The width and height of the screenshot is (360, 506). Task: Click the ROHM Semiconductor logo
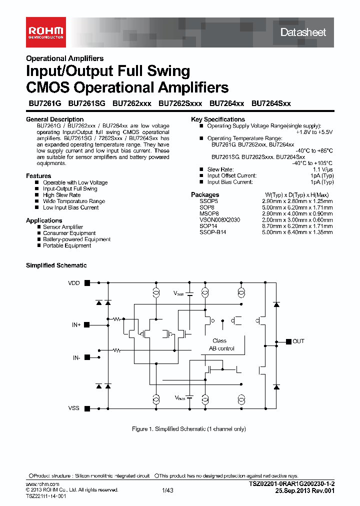pos(45,32)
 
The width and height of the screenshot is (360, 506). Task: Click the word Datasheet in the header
pos(302,32)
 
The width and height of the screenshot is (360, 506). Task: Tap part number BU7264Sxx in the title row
pos(271,103)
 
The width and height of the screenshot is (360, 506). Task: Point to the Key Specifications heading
pos(218,119)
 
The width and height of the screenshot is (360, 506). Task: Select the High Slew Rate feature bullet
pos(61,195)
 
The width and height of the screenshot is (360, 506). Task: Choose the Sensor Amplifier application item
pos(63,227)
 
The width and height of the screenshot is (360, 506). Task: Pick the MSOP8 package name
pos(209,213)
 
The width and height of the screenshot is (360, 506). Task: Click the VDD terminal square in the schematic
pos(87,282)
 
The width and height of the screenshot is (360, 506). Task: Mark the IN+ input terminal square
pos(87,324)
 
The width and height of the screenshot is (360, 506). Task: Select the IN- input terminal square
pos(87,357)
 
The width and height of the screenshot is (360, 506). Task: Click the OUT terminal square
pos(288,341)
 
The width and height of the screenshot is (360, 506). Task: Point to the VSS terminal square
pos(87,408)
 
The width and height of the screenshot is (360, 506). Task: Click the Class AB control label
pos(221,344)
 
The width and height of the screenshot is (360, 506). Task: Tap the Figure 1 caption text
pos(188,429)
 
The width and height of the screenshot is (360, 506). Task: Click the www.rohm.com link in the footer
pos(42,484)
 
